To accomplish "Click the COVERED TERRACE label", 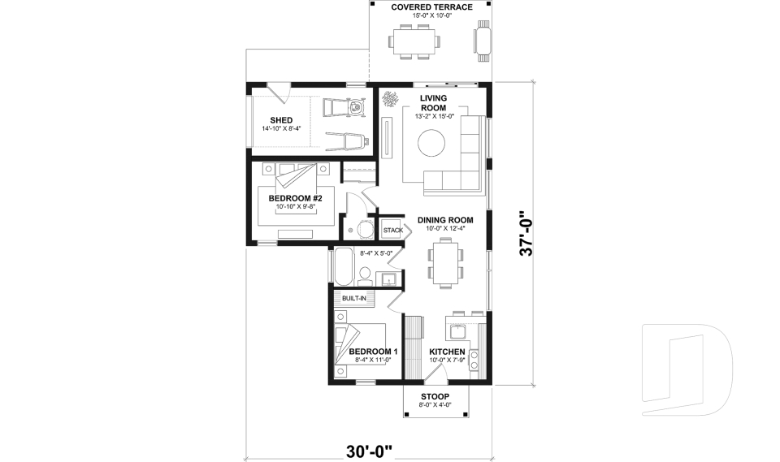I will coord(431,7).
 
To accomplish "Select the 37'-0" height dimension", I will coord(527,234).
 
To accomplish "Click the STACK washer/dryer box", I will coord(393,230).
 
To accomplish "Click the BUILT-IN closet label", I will coord(353,299).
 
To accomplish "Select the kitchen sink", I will coord(456,330).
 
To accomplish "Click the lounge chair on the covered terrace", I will coord(483,41).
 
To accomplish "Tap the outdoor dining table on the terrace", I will coord(414,41).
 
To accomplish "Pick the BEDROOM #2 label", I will coord(296,198).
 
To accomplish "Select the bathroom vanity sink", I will coord(389,280).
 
